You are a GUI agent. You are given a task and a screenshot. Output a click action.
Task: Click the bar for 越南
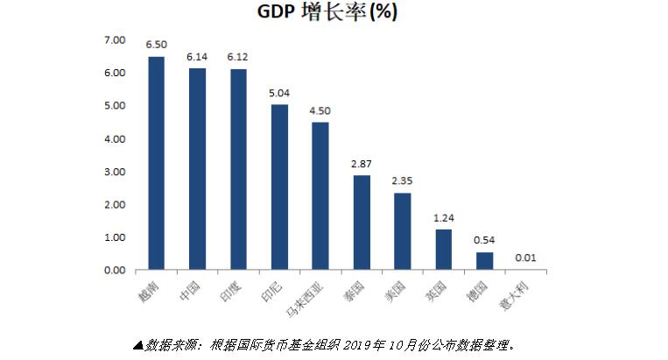tap(156, 163)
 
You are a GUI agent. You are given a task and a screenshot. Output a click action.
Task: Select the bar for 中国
tap(197, 169)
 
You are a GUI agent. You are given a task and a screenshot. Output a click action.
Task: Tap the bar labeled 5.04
tap(279, 187)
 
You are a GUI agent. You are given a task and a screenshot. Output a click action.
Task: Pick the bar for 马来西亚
tap(320, 195)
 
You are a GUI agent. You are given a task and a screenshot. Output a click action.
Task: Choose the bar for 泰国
tap(361, 222)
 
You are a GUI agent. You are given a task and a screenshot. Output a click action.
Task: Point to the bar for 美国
tap(402, 231)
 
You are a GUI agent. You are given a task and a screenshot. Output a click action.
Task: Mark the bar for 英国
tap(443, 250)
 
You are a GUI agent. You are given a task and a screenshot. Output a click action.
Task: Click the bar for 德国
tap(484, 261)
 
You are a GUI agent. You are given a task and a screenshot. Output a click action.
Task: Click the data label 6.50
tap(156, 44)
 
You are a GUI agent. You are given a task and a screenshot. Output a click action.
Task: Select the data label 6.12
tap(238, 57)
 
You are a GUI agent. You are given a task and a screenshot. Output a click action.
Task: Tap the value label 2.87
tap(361, 164)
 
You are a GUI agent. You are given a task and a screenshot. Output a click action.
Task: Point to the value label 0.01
tap(525, 258)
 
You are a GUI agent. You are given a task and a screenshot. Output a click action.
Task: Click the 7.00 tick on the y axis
tap(116, 40)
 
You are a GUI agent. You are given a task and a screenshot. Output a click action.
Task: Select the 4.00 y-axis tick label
tap(116, 139)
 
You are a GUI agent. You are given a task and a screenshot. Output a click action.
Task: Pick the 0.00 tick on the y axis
tap(116, 271)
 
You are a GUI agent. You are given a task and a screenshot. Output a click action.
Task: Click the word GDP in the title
tap(278, 13)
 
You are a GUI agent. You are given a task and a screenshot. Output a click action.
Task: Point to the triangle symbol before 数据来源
tap(137, 344)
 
